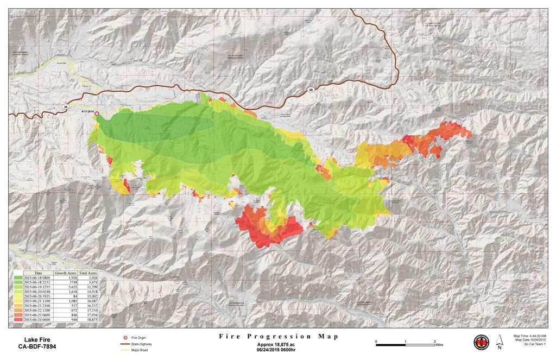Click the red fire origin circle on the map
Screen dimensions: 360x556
click(x=97, y=114)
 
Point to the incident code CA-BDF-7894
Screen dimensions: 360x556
click(x=36, y=346)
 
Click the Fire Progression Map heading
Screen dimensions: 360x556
click(x=277, y=337)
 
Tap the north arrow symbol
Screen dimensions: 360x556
click(x=500, y=342)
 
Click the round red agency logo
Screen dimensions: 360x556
click(x=482, y=342)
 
